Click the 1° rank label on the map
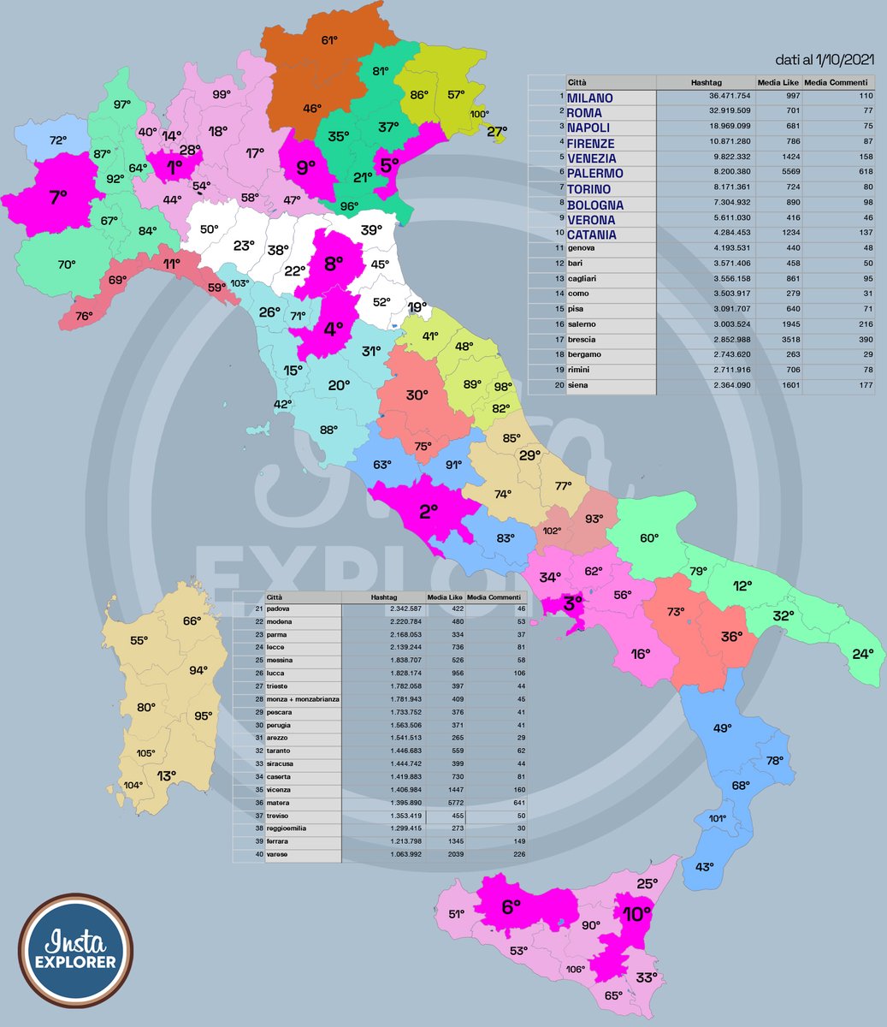point(175,168)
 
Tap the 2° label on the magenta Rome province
point(429,512)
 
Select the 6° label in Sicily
point(511,907)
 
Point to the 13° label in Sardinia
point(166,775)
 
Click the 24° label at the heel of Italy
point(862,654)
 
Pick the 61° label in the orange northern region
point(330,39)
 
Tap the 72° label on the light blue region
point(58,140)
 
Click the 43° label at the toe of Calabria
point(704,867)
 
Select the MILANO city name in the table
point(590,98)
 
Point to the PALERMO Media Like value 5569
point(784,174)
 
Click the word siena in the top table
point(578,386)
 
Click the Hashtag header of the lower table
point(384,597)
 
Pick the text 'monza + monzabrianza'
point(303,699)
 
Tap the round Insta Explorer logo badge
point(75,951)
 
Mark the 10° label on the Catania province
point(636,914)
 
